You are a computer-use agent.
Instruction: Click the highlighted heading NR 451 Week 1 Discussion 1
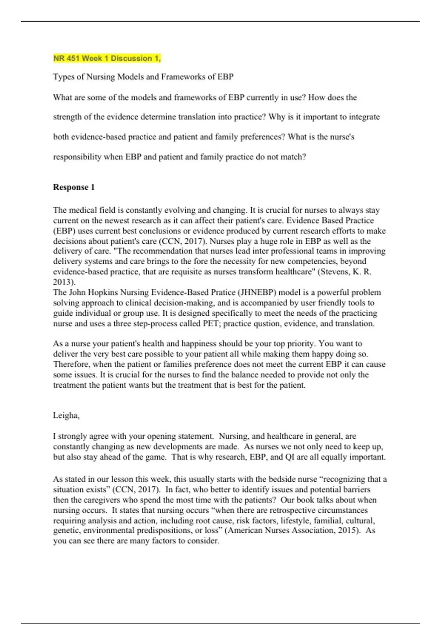[x=107, y=58]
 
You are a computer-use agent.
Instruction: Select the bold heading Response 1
[x=74, y=187]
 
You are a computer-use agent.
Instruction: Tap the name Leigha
[x=66, y=416]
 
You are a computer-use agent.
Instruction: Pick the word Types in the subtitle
[x=63, y=77]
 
